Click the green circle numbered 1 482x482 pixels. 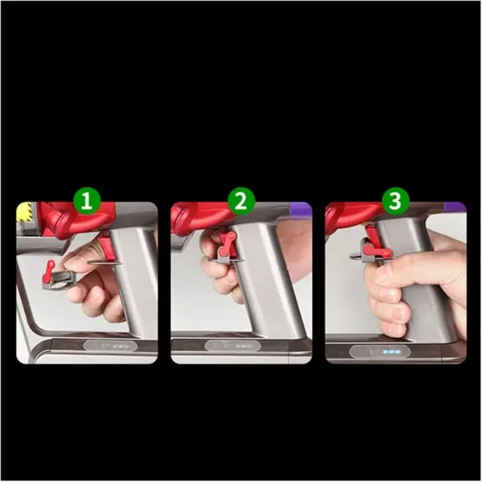(x=87, y=201)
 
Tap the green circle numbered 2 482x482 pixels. (x=241, y=201)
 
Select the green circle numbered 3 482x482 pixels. (x=395, y=201)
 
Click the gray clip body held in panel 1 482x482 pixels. (x=59, y=280)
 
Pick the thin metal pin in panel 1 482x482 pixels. (x=105, y=263)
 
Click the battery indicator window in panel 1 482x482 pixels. (x=110, y=346)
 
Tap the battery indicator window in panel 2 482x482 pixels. (x=233, y=346)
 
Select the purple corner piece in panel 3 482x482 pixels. (x=456, y=208)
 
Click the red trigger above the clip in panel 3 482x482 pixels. (x=371, y=234)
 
